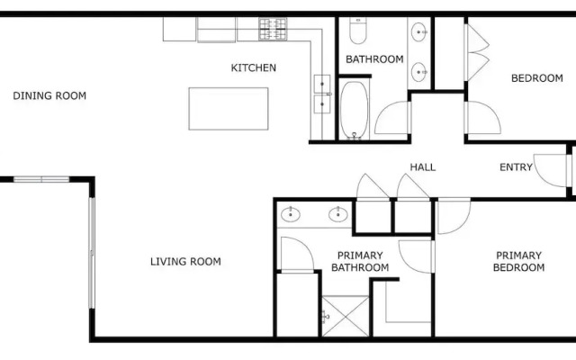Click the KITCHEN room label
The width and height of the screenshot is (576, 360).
254,67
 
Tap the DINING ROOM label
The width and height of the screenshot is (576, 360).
49,96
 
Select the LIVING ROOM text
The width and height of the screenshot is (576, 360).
185,262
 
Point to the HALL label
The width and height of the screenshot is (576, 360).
423,167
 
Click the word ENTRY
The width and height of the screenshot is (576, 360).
516,167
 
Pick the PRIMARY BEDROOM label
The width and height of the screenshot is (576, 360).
518,261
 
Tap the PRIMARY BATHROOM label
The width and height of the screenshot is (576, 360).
360,261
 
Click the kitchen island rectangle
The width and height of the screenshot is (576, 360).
229,109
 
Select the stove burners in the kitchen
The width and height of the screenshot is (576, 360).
273,29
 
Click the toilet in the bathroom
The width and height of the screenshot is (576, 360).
358,30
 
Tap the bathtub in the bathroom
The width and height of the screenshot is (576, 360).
354,110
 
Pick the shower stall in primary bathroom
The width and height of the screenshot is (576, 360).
346,316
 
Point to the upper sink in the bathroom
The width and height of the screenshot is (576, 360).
419,32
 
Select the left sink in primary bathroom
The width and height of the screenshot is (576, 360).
291,214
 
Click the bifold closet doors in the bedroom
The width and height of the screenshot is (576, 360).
478,53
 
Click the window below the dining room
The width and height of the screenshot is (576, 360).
41,179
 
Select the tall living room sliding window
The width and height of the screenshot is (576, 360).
92,253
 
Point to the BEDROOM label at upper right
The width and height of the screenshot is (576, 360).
537,78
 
